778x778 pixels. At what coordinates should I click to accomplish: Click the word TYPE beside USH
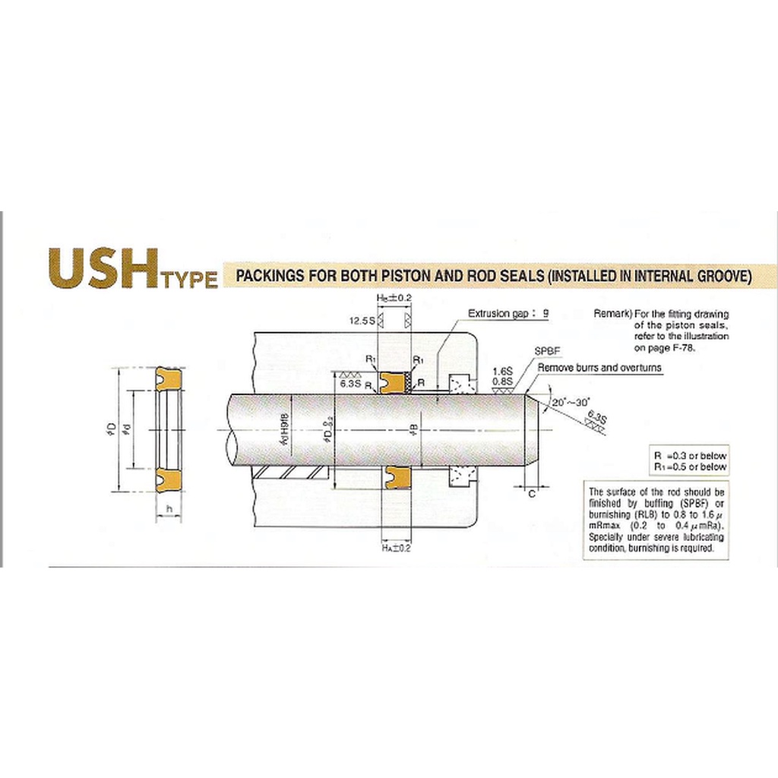188,280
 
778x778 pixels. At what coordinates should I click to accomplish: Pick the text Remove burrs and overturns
599,368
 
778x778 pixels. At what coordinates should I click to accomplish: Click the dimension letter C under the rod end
531,493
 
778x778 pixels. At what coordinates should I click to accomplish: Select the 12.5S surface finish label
363,321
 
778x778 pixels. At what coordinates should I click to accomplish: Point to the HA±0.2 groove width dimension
396,548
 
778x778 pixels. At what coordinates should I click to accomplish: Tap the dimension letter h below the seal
169,510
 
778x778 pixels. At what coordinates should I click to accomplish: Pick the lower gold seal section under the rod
395,478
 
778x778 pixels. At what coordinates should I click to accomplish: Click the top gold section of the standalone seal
169,378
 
